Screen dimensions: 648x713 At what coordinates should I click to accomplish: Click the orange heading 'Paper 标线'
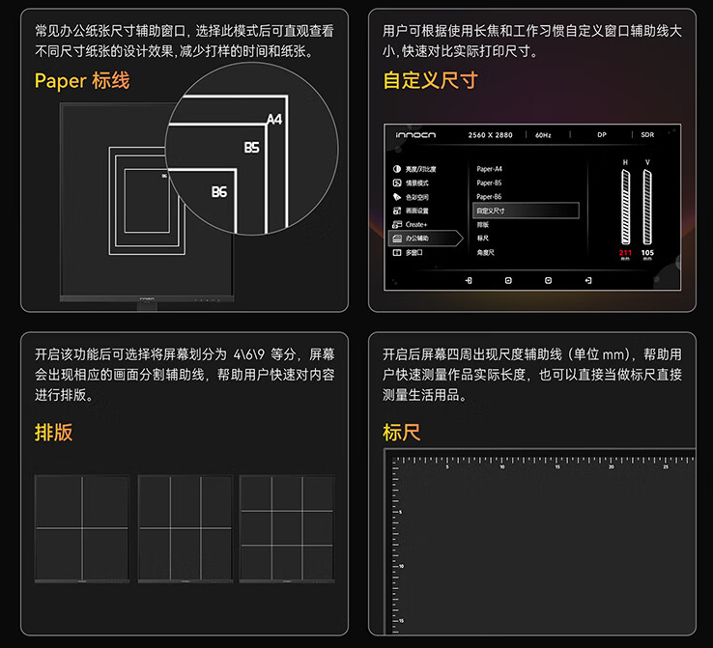click(x=81, y=81)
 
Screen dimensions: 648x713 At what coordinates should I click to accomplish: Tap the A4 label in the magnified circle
click(x=274, y=120)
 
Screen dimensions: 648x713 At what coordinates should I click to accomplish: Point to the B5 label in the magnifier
click(x=251, y=148)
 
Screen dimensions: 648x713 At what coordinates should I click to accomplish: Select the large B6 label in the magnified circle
click(x=219, y=192)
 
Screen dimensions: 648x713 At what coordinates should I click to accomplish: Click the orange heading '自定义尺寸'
click(x=430, y=81)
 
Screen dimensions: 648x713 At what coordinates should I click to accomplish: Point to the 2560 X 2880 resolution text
click(x=490, y=135)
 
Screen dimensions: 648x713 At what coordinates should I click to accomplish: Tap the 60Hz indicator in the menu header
click(x=543, y=135)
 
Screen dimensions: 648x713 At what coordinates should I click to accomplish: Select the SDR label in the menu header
click(x=647, y=135)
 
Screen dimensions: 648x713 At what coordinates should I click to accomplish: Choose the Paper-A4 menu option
click(x=490, y=169)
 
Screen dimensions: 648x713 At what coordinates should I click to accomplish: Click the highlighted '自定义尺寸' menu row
click(x=526, y=210)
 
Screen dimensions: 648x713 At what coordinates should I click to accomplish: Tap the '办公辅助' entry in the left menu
click(x=416, y=238)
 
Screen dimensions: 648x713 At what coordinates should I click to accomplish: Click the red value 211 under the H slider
click(x=625, y=253)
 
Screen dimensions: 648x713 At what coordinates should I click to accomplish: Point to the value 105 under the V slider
click(x=647, y=253)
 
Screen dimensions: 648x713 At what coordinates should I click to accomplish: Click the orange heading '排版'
click(x=54, y=432)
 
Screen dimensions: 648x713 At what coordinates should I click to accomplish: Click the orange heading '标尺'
click(x=402, y=432)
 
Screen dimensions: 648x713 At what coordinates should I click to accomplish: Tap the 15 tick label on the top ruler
click(x=557, y=466)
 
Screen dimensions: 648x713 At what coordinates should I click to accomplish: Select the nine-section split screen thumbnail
click(x=287, y=528)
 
